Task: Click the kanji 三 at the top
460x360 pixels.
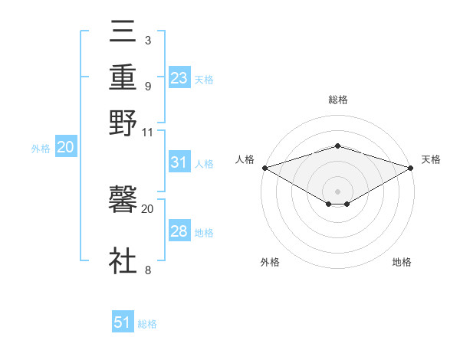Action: click(x=123, y=34)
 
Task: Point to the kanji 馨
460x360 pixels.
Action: click(x=123, y=201)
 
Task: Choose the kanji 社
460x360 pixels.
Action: click(x=123, y=260)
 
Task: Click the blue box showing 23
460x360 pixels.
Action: click(x=179, y=78)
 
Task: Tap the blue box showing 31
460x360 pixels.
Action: click(x=179, y=162)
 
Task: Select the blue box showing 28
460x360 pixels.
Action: click(x=179, y=231)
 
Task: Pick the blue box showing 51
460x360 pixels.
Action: click(x=123, y=322)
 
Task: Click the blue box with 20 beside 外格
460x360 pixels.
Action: click(x=65, y=148)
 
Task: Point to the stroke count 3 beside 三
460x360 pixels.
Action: click(x=147, y=40)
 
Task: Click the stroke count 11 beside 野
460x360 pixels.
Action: click(x=147, y=132)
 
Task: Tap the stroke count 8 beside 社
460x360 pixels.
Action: click(x=147, y=270)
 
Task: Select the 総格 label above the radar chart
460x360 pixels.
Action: click(x=337, y=100)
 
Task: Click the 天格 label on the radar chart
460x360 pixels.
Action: click(x=431, y=159)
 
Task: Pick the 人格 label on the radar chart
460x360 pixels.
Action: click(x=245, y=159)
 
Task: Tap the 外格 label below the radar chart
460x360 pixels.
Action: click(x=270, y=262)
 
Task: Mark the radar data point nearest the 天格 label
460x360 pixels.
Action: click(x=411, y=167)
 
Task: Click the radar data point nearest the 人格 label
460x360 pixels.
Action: click(x=264, y=167)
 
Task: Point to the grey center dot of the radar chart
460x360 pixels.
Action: click(x=337, y=191)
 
